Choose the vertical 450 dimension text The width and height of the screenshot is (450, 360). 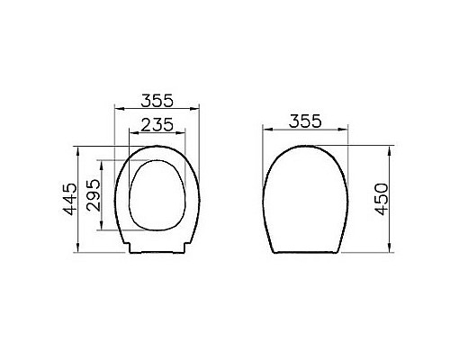(x=382, y=198)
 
